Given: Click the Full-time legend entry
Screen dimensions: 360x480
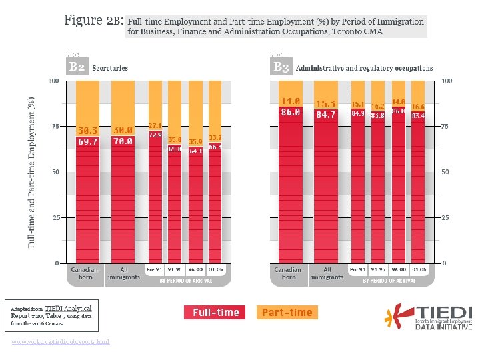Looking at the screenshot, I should [215, 312].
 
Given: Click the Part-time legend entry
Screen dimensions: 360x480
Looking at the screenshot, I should [287, 312].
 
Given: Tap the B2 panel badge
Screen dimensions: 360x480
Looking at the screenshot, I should [77, 67].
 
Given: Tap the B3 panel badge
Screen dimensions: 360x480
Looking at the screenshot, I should [281, 67].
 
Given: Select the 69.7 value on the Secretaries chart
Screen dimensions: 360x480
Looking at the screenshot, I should [87, 141].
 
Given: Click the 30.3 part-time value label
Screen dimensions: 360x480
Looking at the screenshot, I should [87, 131].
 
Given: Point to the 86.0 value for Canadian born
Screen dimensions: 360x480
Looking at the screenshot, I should [290, 113].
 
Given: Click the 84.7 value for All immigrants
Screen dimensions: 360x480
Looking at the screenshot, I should [326, 115].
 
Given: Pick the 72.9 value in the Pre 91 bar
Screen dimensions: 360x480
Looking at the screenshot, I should [155, 135].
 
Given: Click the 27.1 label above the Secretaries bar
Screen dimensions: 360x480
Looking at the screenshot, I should [155, 125].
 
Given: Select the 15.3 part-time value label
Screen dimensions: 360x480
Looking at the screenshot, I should [326, 103].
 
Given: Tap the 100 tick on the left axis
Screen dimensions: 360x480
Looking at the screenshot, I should [53, 81].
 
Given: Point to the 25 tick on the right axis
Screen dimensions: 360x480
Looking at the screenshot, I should [445, 218].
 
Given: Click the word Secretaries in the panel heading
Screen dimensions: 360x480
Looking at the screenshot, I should [110, 68].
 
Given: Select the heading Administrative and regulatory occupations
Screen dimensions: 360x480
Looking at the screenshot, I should [364, 68].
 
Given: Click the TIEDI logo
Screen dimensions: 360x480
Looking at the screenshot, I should [431, 317].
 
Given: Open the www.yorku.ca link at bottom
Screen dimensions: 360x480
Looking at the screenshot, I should [61, 342].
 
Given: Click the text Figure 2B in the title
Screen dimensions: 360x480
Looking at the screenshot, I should [93, 20].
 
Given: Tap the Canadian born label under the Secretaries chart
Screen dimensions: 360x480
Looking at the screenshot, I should [85, 273].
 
